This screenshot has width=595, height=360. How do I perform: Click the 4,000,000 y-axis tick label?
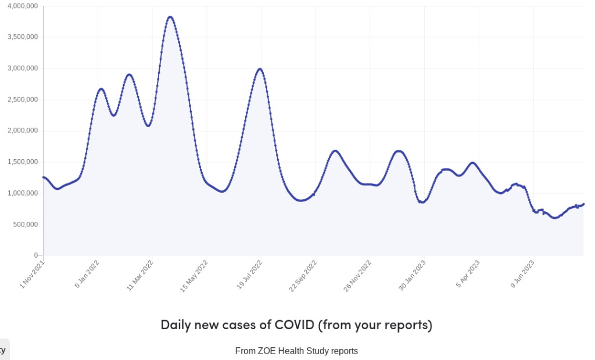click(x=22, y=6)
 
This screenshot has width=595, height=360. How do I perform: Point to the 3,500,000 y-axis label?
click(x=22, y=37)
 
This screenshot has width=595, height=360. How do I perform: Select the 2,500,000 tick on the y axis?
click(x=22, y=99)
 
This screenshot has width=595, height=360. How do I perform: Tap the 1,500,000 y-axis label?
click(x=22, y=162)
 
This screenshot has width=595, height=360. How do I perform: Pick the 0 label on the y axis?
click(x=35, y=255)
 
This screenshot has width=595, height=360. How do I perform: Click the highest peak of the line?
click(x=170, y=17)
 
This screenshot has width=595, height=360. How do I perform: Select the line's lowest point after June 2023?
click(x=555, y=218)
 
